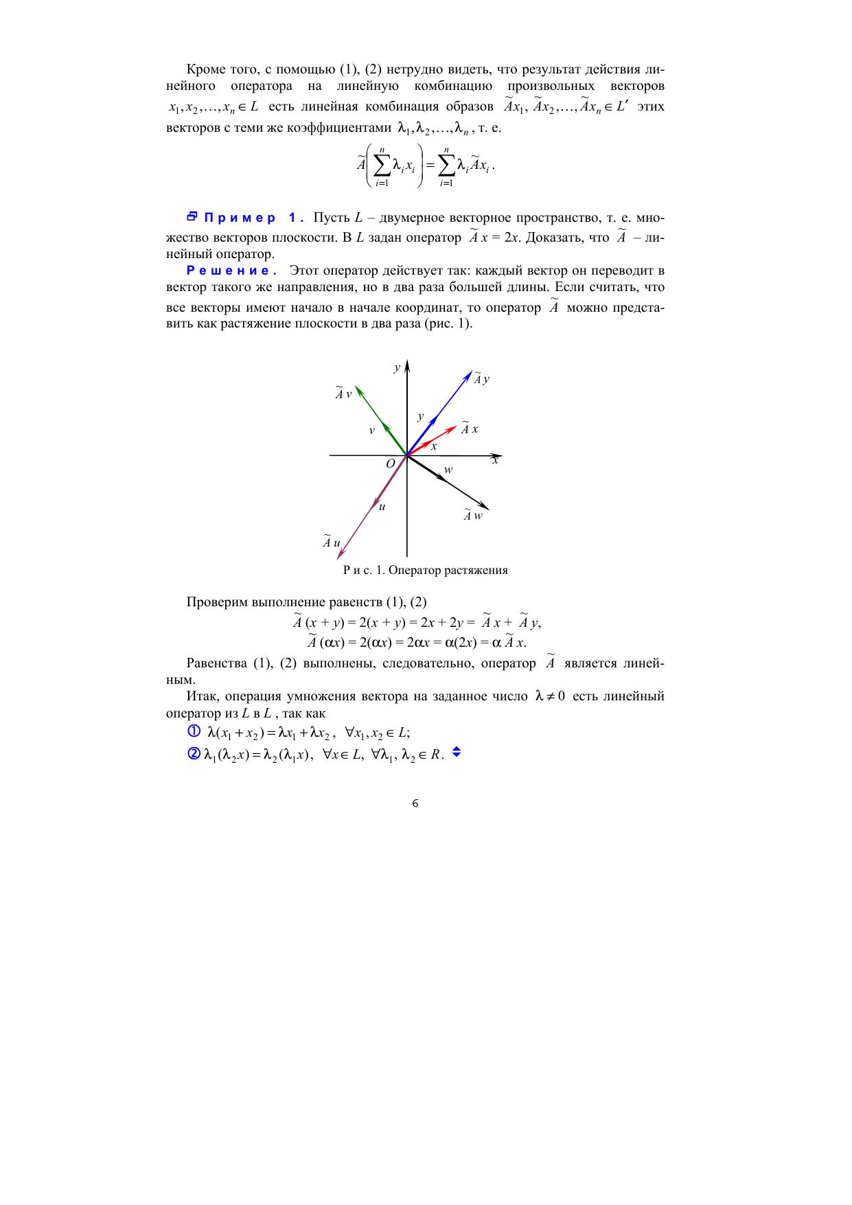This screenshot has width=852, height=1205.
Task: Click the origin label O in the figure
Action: point(390,463)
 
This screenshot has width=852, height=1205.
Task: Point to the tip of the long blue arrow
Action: point(470,373)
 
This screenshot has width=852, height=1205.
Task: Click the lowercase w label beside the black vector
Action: point(448,470)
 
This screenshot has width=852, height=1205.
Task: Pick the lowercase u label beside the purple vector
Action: point(382,507)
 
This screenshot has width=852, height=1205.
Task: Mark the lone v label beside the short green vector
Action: point(371,431)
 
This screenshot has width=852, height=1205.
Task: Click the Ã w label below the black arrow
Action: point(472,515)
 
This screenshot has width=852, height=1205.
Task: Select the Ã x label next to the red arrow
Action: point(469,428)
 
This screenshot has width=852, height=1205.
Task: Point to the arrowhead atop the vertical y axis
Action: point(407,364)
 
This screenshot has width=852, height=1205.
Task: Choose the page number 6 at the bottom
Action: point(415,804)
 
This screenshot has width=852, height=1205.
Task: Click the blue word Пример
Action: point(239,218)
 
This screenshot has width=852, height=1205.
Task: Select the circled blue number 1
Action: point(194,731)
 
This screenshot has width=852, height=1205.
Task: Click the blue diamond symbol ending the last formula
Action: point(457,753)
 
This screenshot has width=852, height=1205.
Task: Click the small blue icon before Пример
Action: point(192,217)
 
